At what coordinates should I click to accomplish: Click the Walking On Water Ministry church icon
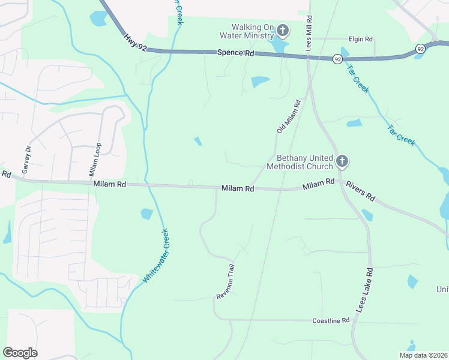283,31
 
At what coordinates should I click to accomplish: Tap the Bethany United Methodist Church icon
342,161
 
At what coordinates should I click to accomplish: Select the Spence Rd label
235,53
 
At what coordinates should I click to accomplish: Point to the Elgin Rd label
360,39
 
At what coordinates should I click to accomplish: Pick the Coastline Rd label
331,321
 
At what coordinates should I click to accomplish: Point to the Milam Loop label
92,160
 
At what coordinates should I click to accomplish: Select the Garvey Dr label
26,160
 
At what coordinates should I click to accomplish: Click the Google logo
20,353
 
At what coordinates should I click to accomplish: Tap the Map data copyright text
423,355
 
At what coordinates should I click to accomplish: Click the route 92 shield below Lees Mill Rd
338,59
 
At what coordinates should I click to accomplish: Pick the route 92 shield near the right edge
420,49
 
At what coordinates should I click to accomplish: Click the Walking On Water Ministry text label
253,31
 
